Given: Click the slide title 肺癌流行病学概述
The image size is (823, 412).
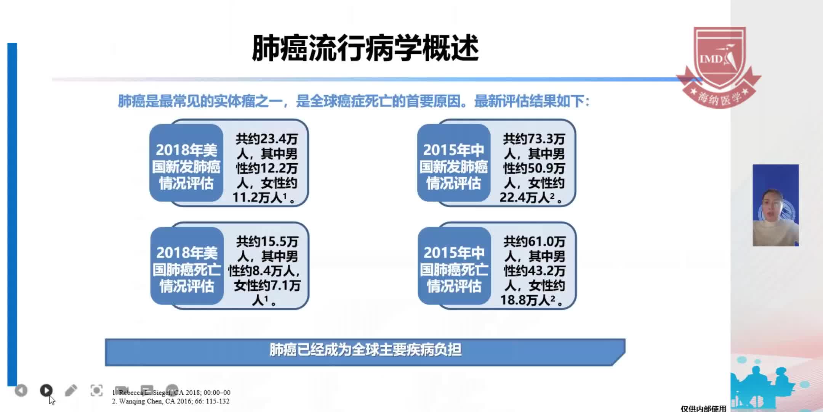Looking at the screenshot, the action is (365, 48).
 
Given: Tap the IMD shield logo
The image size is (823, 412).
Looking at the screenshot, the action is (719, 67).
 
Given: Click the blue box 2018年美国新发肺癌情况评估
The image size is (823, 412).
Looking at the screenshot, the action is (186, 163).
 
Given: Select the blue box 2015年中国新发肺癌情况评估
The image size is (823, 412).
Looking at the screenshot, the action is (453, 163).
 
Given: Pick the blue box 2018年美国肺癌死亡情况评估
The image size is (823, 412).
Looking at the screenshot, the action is (187, 266).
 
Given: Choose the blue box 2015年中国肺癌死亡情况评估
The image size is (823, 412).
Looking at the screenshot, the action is (454, 266).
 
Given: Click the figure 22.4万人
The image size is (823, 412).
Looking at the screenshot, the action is (525, 198).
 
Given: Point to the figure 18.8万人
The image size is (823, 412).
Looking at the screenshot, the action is (525, 300).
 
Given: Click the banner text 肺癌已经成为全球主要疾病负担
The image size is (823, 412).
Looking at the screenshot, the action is (365, 350).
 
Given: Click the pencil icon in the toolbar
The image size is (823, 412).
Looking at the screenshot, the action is (71, 390).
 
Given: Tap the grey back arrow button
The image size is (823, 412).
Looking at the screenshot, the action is (21, 390).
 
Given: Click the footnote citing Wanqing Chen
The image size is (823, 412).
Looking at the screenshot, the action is (171, 401).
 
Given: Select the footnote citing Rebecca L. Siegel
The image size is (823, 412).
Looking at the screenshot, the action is (171, 393).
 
